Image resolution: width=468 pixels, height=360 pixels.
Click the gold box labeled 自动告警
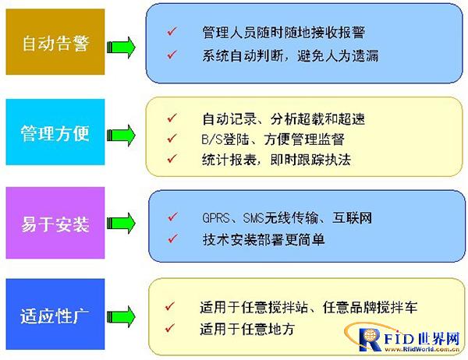tap(55, 42)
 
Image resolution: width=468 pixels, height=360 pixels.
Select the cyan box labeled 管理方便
tap(55, 132)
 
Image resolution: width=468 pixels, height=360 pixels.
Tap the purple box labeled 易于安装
tap(55, 223)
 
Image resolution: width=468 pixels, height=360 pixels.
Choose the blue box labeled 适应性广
tap(55, 314)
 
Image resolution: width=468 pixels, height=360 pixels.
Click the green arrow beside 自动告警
tap(121, 48)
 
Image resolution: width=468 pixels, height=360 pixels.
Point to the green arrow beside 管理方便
tap(121, 136)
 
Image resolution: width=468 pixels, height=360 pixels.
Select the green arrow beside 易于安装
tap(121, 223)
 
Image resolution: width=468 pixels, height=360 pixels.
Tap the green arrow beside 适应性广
tap(121, 316)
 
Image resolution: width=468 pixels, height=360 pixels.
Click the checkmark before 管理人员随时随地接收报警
tap(172, 31)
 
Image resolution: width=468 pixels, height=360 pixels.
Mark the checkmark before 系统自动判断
tap(172, 55)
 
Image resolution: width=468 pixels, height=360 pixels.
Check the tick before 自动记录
tap(172, 118)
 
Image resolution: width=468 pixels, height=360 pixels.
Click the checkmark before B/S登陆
tap(172, 138)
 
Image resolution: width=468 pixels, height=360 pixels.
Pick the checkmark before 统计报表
tap(172, 158)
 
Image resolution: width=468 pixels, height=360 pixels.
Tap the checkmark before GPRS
tap(173, 217)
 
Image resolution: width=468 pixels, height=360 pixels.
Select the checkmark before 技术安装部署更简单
tap(173, 238)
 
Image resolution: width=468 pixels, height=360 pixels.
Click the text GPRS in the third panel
tap(216, 218)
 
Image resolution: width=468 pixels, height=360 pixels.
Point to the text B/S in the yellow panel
tap(212, 139)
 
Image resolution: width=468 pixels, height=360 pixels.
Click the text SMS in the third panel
tap(253, 218)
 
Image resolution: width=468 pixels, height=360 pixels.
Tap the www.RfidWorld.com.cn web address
tap(421, 350)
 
